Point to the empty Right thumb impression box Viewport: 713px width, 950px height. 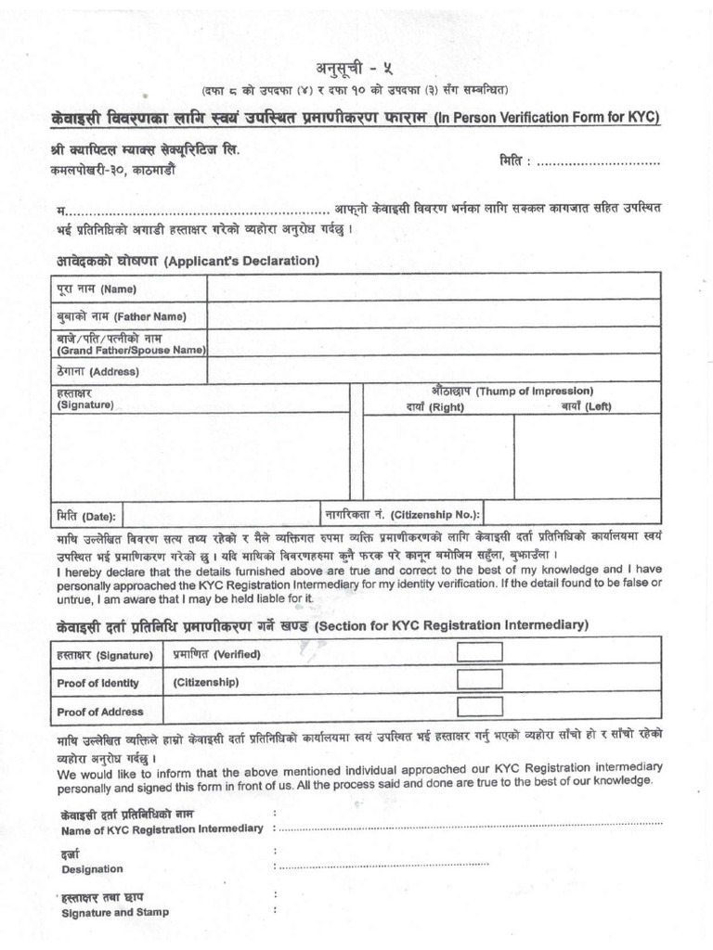pyautogui.click(x=438, y=456)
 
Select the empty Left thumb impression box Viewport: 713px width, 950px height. pyautogui.click(x=587, y=456)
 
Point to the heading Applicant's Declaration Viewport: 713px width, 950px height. pyautogui.click(x=241, y=261)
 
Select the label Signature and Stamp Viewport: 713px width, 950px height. pyautogui.click(x=115, y=912)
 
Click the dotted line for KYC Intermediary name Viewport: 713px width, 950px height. pyautogui.click(x=470, y=824)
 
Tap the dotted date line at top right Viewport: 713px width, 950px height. pyautogui.click(x=599, y=163)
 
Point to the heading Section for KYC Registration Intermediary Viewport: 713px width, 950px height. pyautogui.click(x=451, y=626)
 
